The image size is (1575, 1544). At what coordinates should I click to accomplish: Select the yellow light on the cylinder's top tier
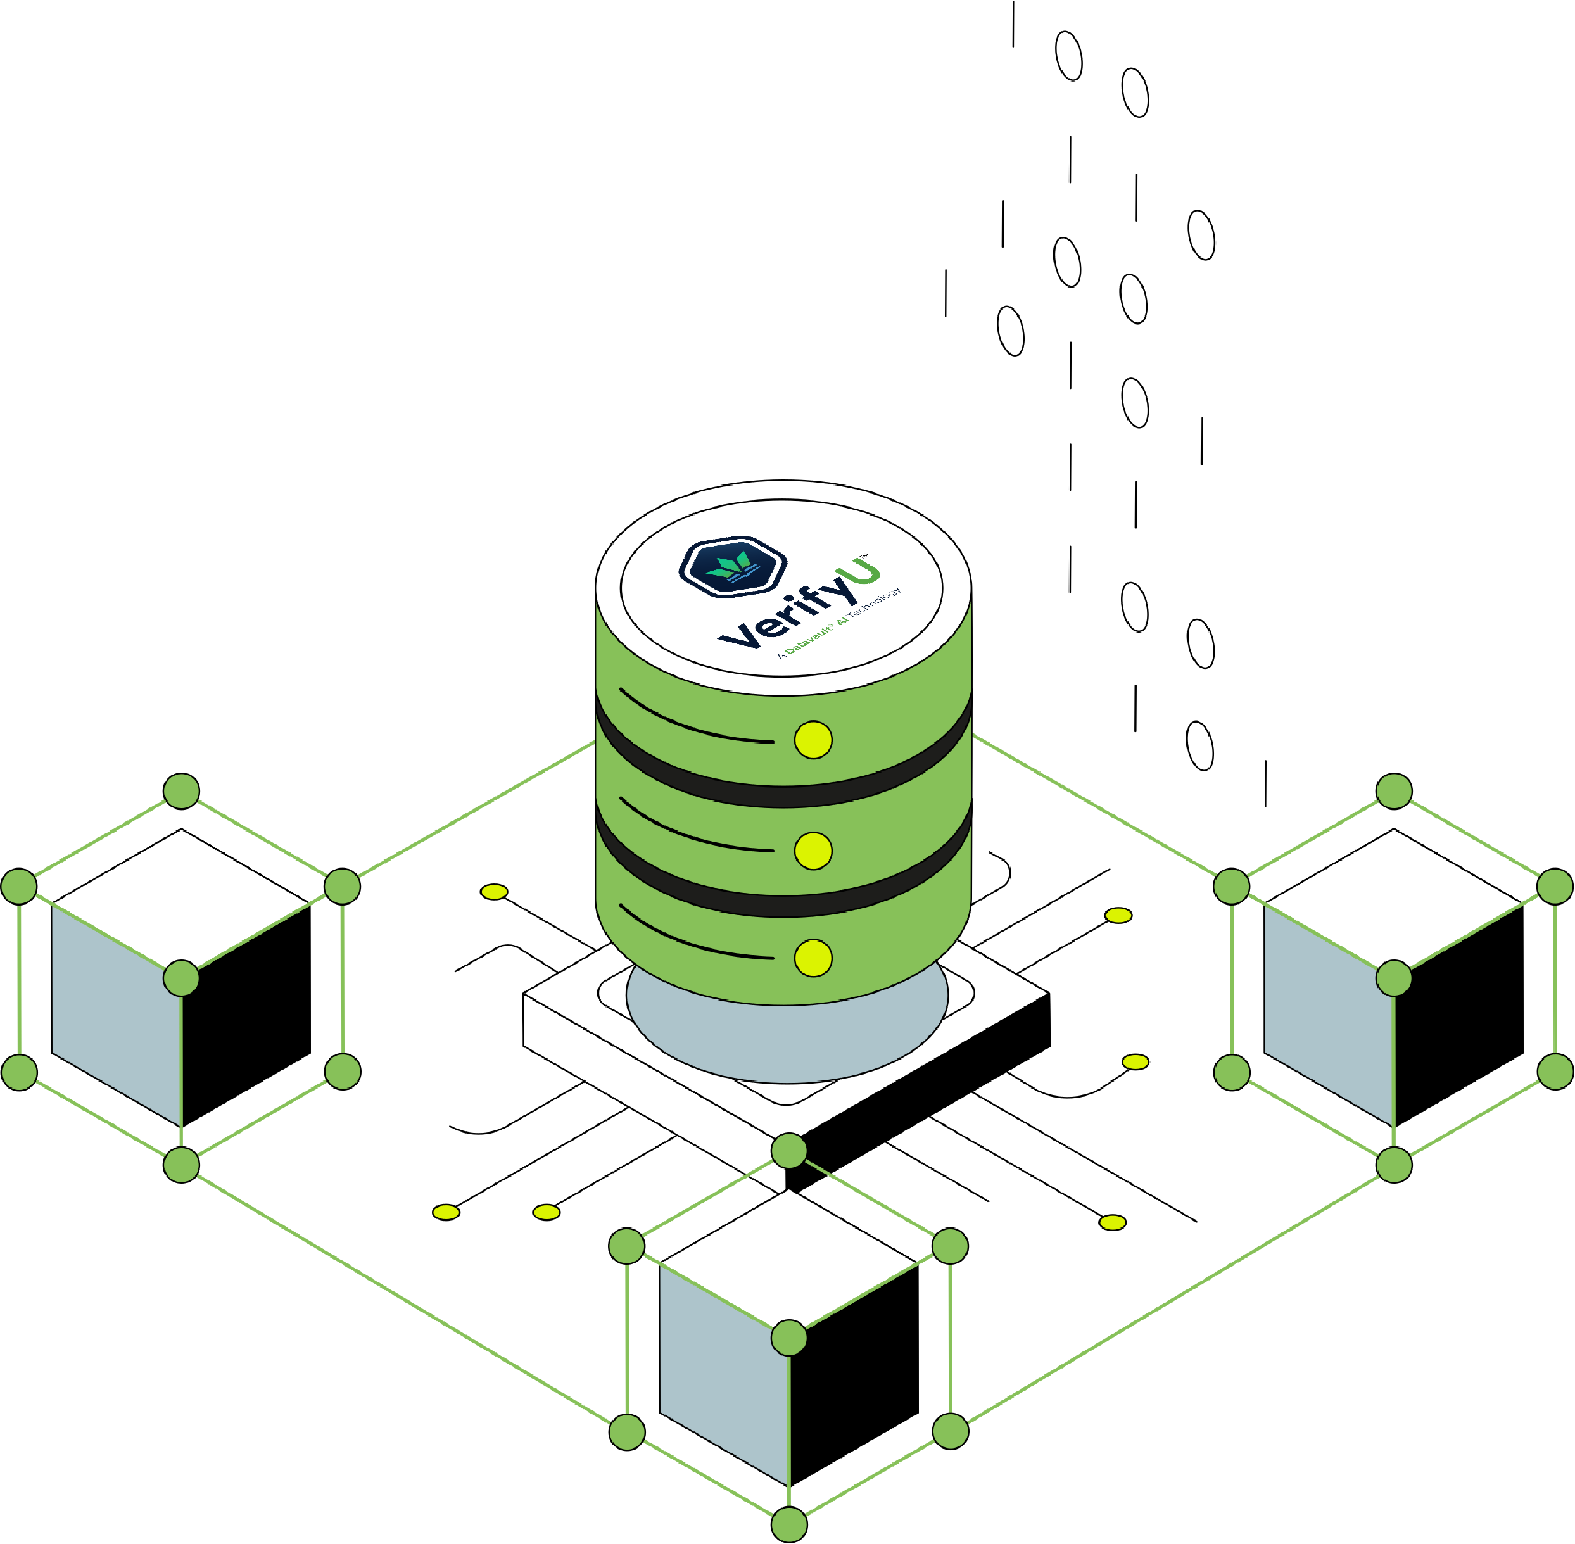[x=813, y=740]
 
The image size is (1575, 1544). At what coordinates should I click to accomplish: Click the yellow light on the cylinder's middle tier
[x=813, y=850]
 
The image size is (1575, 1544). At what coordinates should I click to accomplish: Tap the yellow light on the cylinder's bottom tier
[x=813, y=958]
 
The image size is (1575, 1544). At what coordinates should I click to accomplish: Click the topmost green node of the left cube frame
[x=181, y=790]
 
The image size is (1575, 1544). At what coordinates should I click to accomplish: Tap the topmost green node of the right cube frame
[x=1393, y=790]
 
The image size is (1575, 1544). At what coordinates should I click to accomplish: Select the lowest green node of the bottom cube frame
[x=788, y=1524]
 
